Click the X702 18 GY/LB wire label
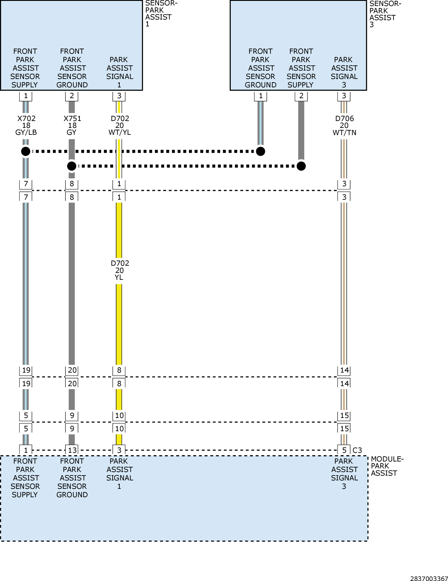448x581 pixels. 26,126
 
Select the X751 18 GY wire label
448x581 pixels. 72,126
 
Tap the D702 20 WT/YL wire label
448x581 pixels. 119,126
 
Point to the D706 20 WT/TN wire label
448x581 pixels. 344,126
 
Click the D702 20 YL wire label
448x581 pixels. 119,270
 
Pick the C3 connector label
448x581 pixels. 357,450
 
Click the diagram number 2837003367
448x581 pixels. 429,578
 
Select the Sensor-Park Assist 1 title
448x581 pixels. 161,14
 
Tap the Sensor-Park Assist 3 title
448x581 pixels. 385,14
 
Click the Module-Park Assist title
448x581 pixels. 387,466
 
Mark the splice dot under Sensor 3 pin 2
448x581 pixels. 301,166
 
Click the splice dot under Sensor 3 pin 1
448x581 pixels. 260,151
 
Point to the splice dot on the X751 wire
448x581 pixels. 72,166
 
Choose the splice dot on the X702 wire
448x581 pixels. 26,151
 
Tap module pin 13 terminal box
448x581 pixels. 72,450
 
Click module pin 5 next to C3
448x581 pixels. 344,450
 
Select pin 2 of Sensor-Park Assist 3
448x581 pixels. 301,96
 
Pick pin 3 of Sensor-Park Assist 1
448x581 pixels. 119,96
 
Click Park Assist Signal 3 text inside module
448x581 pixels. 344,474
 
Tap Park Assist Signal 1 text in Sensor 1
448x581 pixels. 119,72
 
